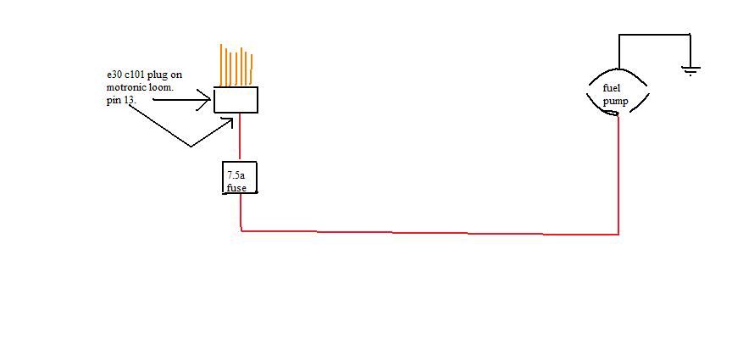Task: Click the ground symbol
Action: (691, 71)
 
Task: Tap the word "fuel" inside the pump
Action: (611, 88)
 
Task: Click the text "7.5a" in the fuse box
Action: (236, 175)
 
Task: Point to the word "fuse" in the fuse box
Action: (236, 187)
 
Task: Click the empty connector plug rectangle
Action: (236, 100)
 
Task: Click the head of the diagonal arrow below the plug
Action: (227, 124)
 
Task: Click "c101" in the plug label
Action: (129, 75)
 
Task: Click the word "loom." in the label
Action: (165, 86)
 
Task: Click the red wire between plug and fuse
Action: (240, 136)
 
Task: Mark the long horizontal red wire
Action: (424, 231)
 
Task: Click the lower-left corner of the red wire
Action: (241, 229)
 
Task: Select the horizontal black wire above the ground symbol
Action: (654, 35)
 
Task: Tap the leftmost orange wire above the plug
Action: (221, 64)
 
